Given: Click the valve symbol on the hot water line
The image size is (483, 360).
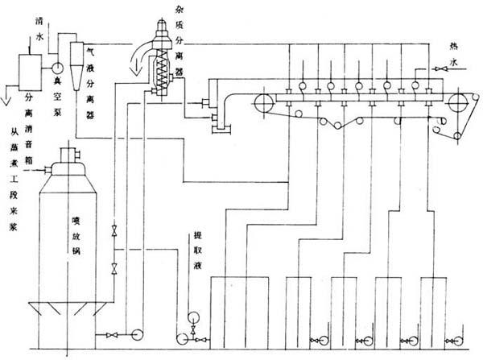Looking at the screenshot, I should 434,69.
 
